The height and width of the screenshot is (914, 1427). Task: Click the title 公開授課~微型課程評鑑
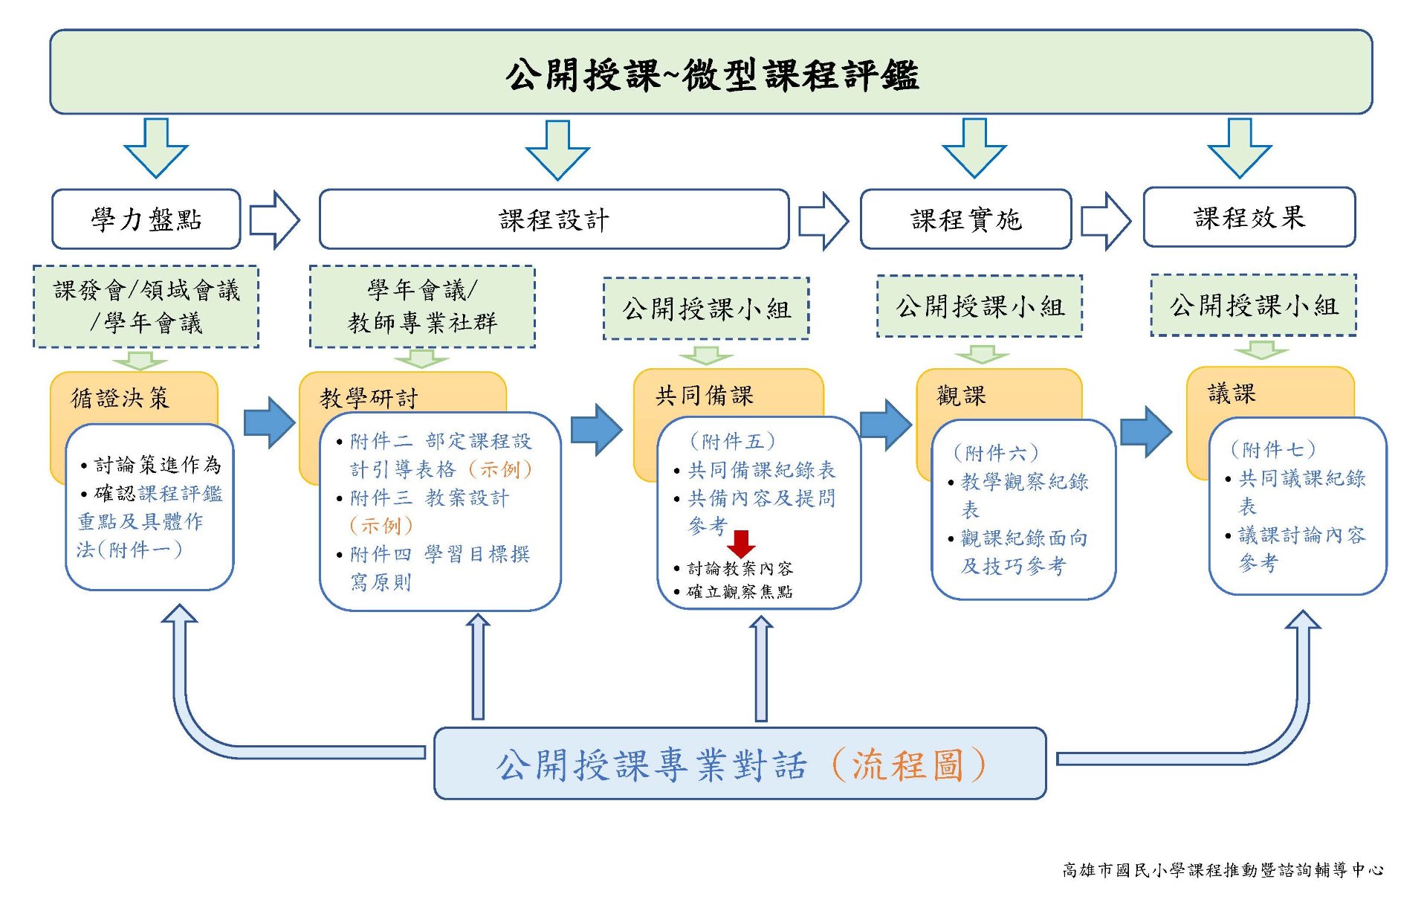(x=711, y=75)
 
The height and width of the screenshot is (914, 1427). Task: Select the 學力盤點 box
(x=146, y=219)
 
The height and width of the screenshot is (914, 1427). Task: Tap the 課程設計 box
(x=554, y=219)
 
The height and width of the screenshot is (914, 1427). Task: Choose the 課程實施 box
(x=965, y=219)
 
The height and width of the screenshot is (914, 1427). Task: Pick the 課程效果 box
(x=1249, y=217)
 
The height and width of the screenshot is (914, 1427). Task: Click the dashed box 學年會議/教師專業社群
(x=422, y=306)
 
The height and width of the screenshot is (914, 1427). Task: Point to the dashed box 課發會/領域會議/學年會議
(x=146, y=306)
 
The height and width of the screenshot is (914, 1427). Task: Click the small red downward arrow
(x=741, y=544)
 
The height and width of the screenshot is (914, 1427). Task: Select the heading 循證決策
(x=120, y=398)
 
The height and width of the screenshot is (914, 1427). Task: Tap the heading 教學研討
(x=369, y=398)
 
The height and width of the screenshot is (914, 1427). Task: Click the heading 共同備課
(x=704, y=395)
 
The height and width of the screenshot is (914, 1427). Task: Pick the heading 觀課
(x=961, y=395)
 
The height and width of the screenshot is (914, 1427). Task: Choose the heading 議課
(x=1232, y=393)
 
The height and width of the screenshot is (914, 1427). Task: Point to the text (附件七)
(x=1272, y=449)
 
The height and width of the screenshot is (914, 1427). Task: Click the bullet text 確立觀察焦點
(x=740, y=591)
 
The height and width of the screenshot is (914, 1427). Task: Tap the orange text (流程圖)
(x=908, y=765)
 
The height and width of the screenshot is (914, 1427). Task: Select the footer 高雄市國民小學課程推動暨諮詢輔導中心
(x=1223, y=869)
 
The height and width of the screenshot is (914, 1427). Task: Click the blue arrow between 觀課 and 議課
(x=1146, y=431)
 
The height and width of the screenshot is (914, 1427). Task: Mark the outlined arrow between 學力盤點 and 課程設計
(x=274, y=219)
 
